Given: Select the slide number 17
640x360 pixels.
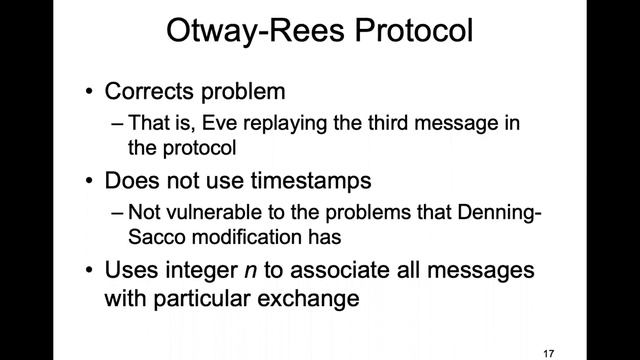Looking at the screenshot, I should [547, 353].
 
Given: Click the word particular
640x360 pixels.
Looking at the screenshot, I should [199, 298].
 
